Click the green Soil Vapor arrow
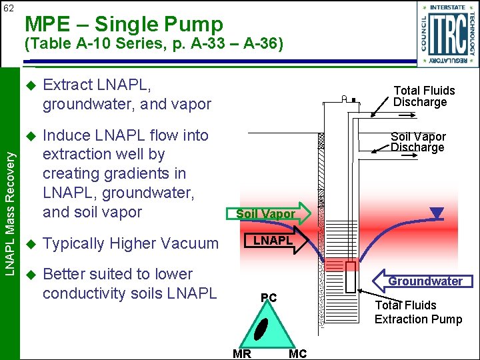(270, 213)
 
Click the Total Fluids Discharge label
(424, 96)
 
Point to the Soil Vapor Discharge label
(418, 142)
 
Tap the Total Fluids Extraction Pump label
(418, 312)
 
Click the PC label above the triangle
(269, 297)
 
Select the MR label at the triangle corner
(242, 354)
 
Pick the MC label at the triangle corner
(297, 354)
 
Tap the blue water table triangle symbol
(437, 214)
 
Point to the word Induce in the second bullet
(66, 135)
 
